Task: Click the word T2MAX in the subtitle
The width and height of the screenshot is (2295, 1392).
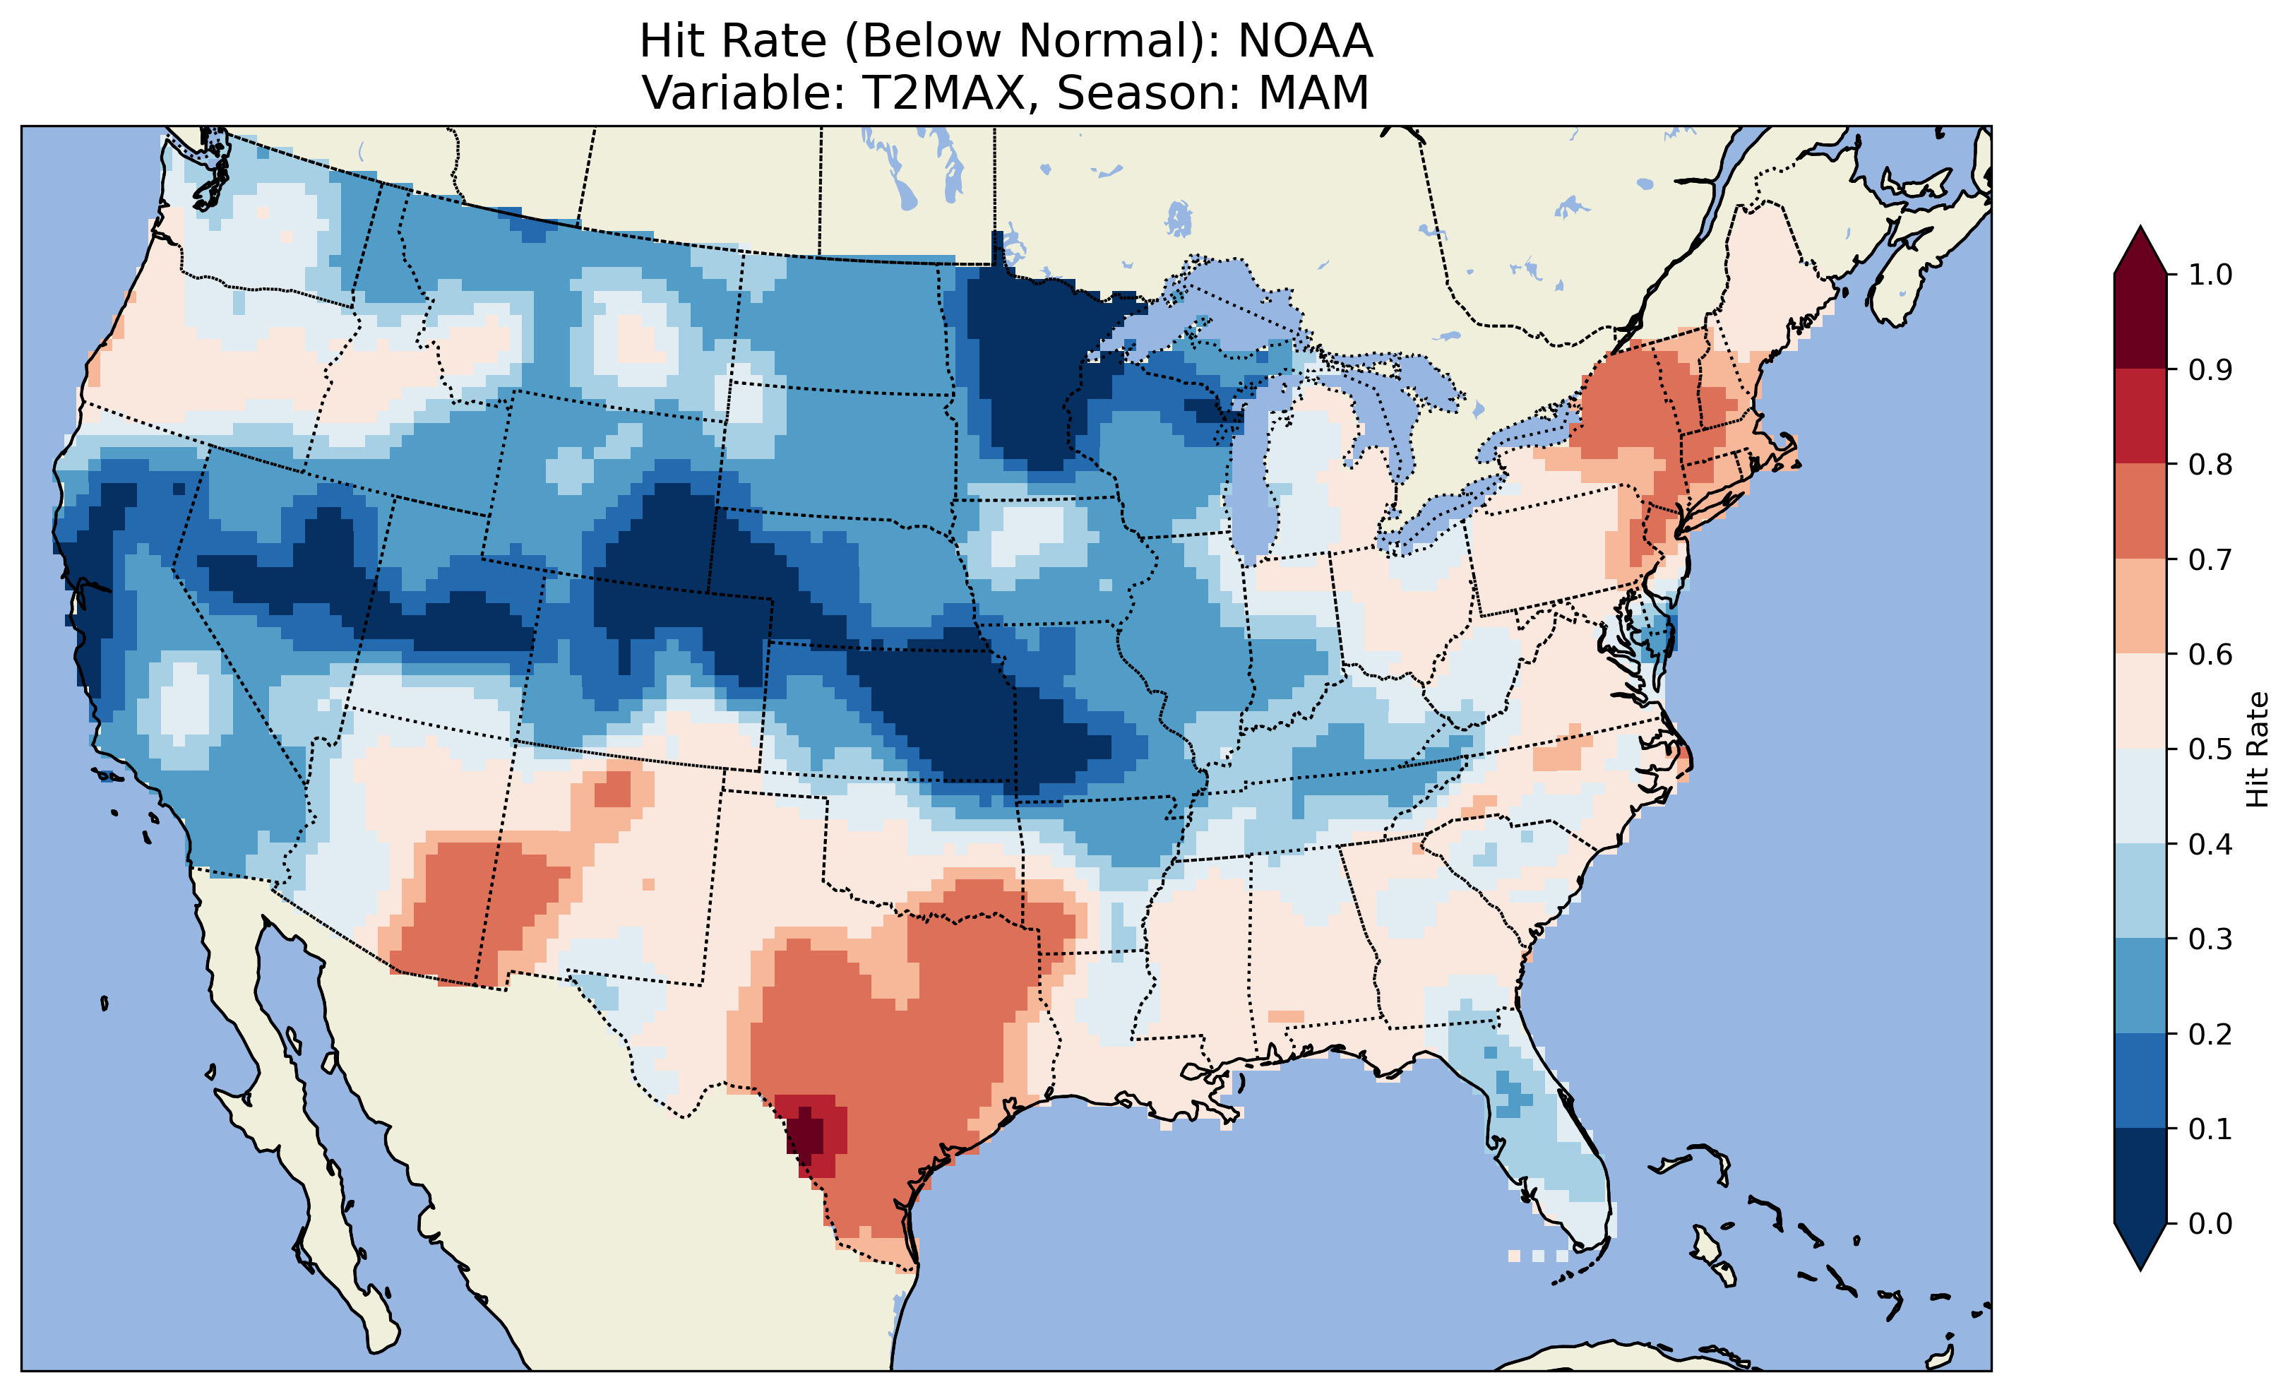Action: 943,93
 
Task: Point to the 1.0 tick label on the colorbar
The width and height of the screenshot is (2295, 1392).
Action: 2210,275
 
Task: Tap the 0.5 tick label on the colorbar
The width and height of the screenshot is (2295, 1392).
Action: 2210,749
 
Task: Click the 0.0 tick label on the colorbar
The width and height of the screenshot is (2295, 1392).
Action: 2210,1223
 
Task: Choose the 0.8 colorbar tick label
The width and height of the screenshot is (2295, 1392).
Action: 2210,464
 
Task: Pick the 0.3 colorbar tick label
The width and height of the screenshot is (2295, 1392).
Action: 2210,939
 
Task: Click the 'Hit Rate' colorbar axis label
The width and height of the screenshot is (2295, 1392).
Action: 2258,749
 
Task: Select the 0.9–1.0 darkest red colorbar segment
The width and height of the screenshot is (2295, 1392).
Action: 2140,321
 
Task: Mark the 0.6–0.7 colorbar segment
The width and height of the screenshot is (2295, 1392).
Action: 2140,606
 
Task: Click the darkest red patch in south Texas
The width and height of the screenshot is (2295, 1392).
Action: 806,1134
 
